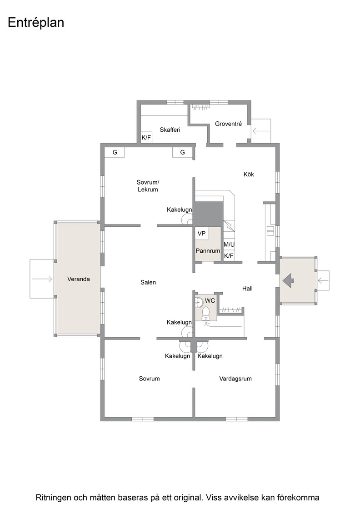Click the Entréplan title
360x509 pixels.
click(36, 23)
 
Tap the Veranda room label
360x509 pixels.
click(79, 279)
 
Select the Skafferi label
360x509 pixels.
click(170, 130)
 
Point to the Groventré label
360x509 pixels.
click(228, 124)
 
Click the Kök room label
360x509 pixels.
click(249, 175)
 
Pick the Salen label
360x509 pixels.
click(148, 282)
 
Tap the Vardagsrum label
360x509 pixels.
click(235, 379)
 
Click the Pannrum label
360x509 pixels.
click(208, 251)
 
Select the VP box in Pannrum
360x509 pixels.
click(201, 234)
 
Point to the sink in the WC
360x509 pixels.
click(199, 303)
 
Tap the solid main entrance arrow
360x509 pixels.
click(288, 280)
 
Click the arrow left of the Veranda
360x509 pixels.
click(42, 279)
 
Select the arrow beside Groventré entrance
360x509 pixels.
click(261, 131)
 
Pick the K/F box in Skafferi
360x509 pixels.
click(146, 137)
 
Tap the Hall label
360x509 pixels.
click(247, 289)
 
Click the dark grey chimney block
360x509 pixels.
click(209, 213)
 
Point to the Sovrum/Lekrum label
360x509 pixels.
click(148, 186)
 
